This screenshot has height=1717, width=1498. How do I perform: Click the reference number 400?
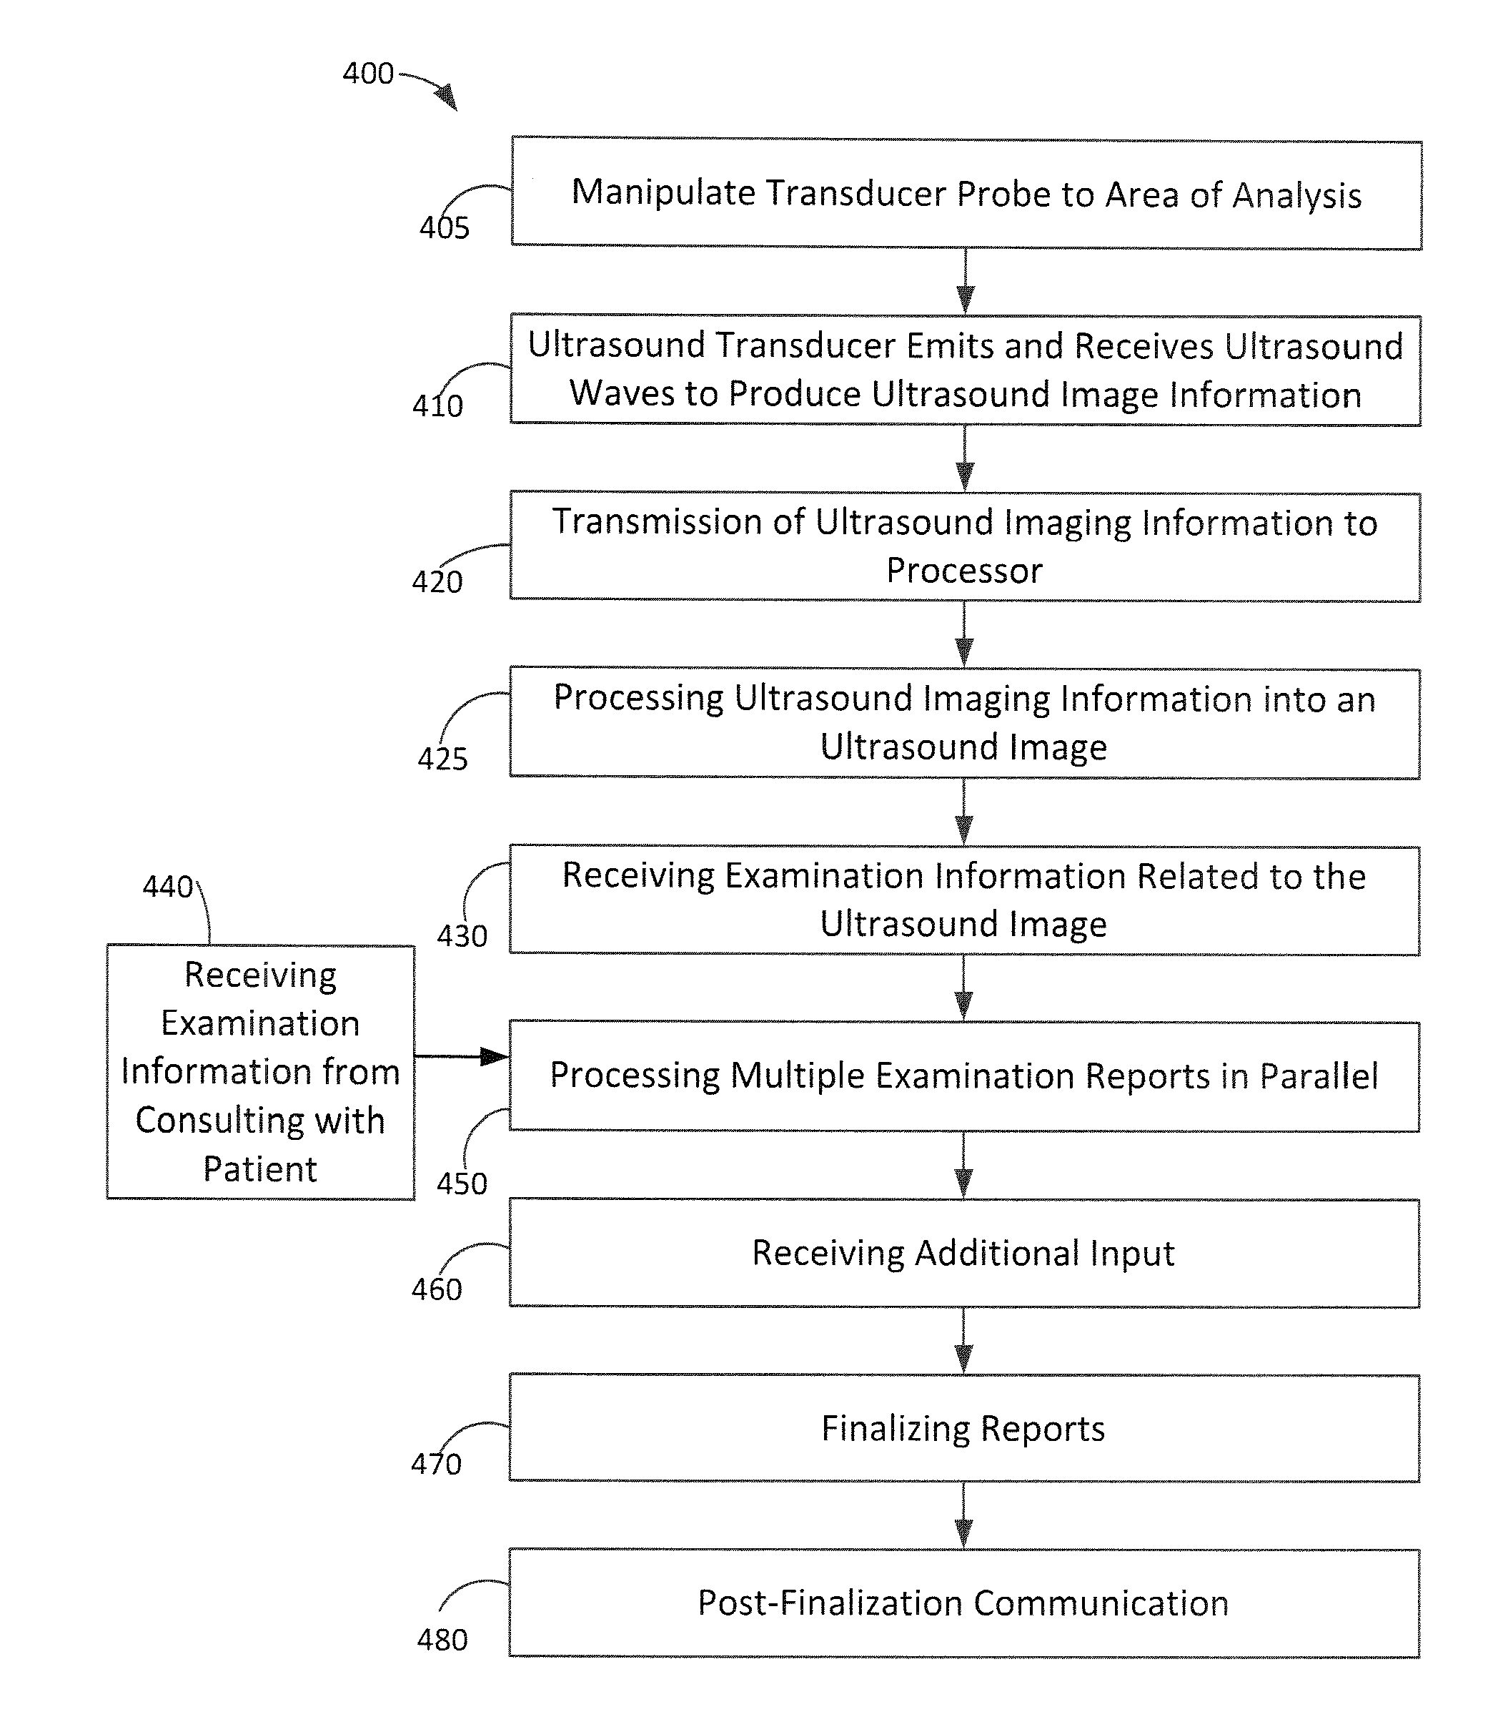coord(368,74)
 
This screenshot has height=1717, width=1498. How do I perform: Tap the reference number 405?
coord(445,227)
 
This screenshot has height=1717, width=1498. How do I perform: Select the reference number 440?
coord(168,887)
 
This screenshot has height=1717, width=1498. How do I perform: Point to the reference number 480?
coord(442,1640)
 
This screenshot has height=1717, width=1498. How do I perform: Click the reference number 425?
coord(442,759)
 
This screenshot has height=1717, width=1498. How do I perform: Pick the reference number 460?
coord(437,1289)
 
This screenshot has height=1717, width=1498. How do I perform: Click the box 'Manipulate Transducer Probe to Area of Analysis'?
coord(966,194)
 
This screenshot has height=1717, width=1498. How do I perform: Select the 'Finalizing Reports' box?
coord(964,1429)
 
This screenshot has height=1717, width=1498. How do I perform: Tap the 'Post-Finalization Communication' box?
coord(964,1603)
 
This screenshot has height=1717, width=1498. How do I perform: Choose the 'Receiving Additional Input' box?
coord(964,1253)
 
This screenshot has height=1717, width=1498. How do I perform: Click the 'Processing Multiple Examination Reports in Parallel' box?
coord(964,1076)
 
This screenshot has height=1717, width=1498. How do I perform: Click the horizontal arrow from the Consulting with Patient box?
coord(462,1057)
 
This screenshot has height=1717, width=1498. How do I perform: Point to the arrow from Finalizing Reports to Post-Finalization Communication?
coord(964,1515)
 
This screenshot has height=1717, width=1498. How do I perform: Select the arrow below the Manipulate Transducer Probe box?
coord(966,282)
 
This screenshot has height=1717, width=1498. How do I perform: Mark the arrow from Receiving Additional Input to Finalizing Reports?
coord(964,1341)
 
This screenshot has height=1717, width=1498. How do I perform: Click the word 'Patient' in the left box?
coord(260,1169)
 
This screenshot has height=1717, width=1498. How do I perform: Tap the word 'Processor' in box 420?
coord(964,571)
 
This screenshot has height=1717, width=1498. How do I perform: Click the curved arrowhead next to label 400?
coord(447,96)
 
